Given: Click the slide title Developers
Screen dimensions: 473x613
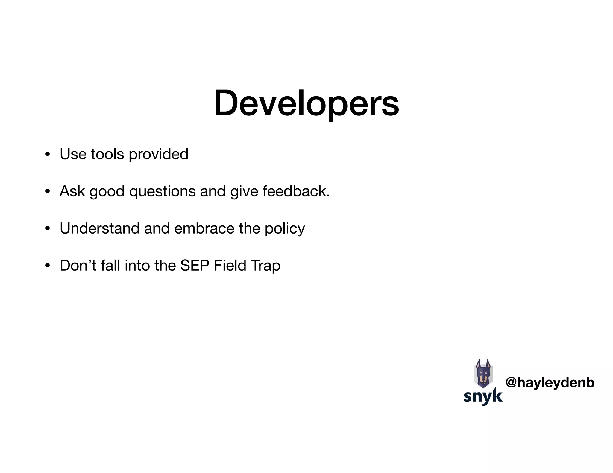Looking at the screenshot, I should pyautogui.click(x=306, y=103).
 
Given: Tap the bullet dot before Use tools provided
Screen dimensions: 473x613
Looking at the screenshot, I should pyautogui.click(x=47, y=155).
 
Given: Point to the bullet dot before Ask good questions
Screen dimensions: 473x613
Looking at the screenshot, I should pyautogui.click(x=47, y=192).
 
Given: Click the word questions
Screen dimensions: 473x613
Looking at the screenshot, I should pyautogui.click(x=162, y=192).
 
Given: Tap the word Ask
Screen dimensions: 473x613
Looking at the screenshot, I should pyautogui.click(x=72, y=191).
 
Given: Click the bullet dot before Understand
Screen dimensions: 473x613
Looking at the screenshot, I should pyautogui.click(x=47, y=229).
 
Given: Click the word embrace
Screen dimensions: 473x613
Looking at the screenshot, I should pyautogui.click(x=204, y=228).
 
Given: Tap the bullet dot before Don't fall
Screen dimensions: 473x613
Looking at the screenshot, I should pyautogui.click(x=47, y=266).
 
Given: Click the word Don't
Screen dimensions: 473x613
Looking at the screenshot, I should pyautogui.click(x=78, y=265).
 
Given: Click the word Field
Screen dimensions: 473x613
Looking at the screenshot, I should pyautogui.click(x=230, y=265).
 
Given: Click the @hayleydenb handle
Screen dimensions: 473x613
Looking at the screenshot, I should pyautogui.click(x=550, y=383).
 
